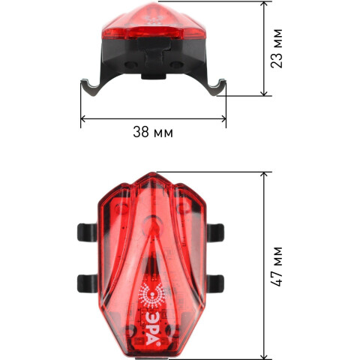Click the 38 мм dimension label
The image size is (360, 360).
coord(153,132)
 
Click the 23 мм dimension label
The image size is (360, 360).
coord(277,49)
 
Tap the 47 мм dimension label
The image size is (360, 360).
coord(277,266)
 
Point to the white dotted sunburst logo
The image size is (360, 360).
coord(152,295)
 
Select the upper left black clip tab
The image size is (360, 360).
coord(87,232)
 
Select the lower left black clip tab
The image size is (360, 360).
coord(87,283)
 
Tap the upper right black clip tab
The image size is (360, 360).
coord(215,232)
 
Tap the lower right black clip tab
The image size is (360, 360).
coord(215,283)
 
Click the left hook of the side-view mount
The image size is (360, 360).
coord(91,88)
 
